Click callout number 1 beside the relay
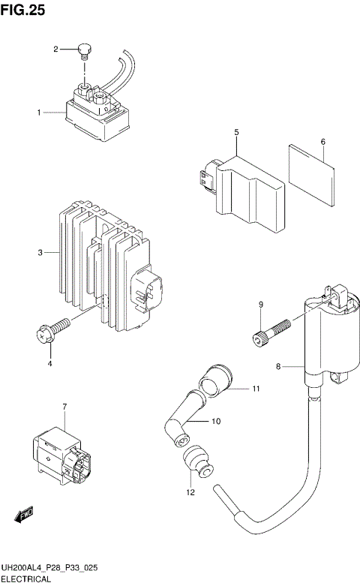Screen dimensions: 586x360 click(38, 113)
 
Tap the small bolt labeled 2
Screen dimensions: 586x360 click(85, 52)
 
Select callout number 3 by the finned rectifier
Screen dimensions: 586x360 click(40, 254)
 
